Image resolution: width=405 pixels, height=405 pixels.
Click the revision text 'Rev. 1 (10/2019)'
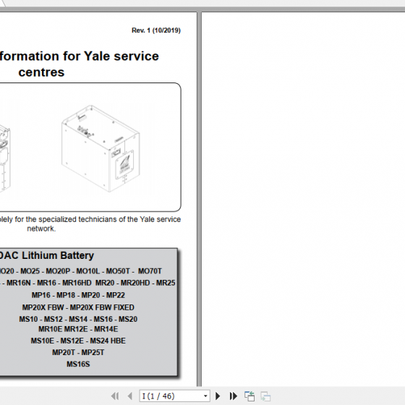pos(155,30)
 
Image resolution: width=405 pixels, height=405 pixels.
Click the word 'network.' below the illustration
pos(41,229)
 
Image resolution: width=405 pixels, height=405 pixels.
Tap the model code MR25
pos(165,283)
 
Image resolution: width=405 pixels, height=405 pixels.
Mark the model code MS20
pos(127,319)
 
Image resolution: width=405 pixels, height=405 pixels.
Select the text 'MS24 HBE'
pos(107,341)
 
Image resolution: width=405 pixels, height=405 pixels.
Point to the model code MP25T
pos(93,352)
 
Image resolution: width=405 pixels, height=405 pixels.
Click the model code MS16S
pos(78,364)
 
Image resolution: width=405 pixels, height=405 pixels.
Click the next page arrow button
pos(219,396)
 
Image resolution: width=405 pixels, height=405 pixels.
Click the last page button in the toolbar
pos(233,396)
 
